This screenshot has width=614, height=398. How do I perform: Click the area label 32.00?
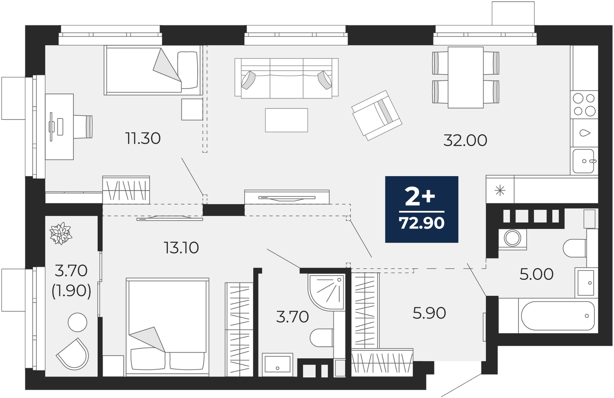point(465,140)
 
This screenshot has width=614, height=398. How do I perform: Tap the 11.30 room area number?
point(143,138)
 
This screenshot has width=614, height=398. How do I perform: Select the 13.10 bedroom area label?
point(181,248)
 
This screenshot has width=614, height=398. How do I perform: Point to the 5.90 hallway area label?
point(429,313)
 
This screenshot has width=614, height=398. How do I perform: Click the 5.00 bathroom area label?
point(537,275)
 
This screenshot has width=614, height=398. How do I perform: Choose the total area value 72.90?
point(422,223)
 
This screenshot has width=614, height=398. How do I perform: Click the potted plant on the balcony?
point(60,233)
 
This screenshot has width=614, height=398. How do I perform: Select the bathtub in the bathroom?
point(558,316)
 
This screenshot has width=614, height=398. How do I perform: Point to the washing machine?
point(512,238)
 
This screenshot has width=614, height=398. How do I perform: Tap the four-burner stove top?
point(584,105)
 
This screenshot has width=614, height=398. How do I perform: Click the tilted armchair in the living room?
point(377,115)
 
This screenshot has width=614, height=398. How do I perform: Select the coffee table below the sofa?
point(287,120)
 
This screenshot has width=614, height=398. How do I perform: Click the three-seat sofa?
point(287,78)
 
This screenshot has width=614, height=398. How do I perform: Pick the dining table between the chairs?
point(465,77)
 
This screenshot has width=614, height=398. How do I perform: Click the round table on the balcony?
point(77,322)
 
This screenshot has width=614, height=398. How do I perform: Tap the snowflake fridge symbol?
point(500,191)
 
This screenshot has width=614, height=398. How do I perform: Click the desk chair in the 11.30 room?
point(83,126)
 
